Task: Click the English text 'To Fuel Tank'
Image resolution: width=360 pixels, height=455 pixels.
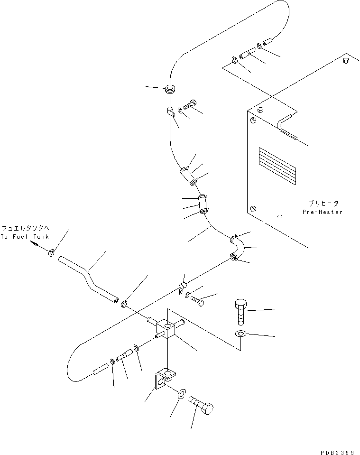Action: (24, 237)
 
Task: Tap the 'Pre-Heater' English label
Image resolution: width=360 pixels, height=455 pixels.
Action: (322, 212)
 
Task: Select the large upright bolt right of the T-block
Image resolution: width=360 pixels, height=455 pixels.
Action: (240, 311)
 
